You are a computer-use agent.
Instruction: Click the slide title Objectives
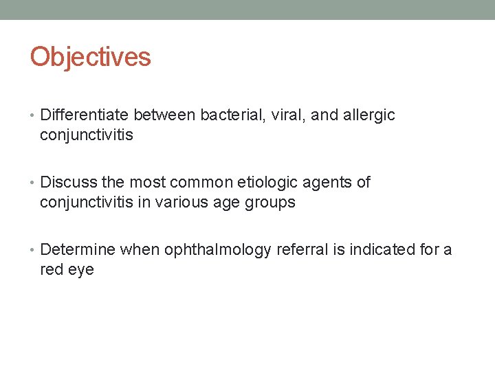tap(90, 57)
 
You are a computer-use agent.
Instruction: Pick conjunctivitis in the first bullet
tap(87, 135)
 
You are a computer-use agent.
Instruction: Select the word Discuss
tap(68, 182)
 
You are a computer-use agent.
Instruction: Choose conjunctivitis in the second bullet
tap(87, 203)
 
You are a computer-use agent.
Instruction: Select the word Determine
tap(78, 249)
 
